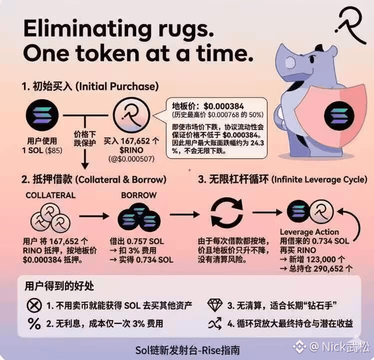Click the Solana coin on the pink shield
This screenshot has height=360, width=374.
coord(339,116)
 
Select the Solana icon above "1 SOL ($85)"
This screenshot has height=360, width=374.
coord(42,115)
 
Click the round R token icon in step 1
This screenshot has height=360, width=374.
coord(131,115)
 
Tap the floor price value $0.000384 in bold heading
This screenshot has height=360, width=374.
coord(224,106)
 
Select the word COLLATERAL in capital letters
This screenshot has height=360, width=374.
coord(50,195)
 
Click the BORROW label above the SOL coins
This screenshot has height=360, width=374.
coord(139,195)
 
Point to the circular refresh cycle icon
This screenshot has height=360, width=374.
coord(226,212)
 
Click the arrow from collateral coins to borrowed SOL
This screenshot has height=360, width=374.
coord(94,216)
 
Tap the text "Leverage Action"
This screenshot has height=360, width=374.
coord(310,232)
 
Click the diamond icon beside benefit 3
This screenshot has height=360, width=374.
coord(215,305)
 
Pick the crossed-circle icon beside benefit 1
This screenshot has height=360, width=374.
coord(34,305)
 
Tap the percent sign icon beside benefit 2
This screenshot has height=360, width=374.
coord(34,324)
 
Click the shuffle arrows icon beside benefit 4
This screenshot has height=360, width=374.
coord(215,324)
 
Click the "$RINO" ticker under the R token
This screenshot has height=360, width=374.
coord(131,150)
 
